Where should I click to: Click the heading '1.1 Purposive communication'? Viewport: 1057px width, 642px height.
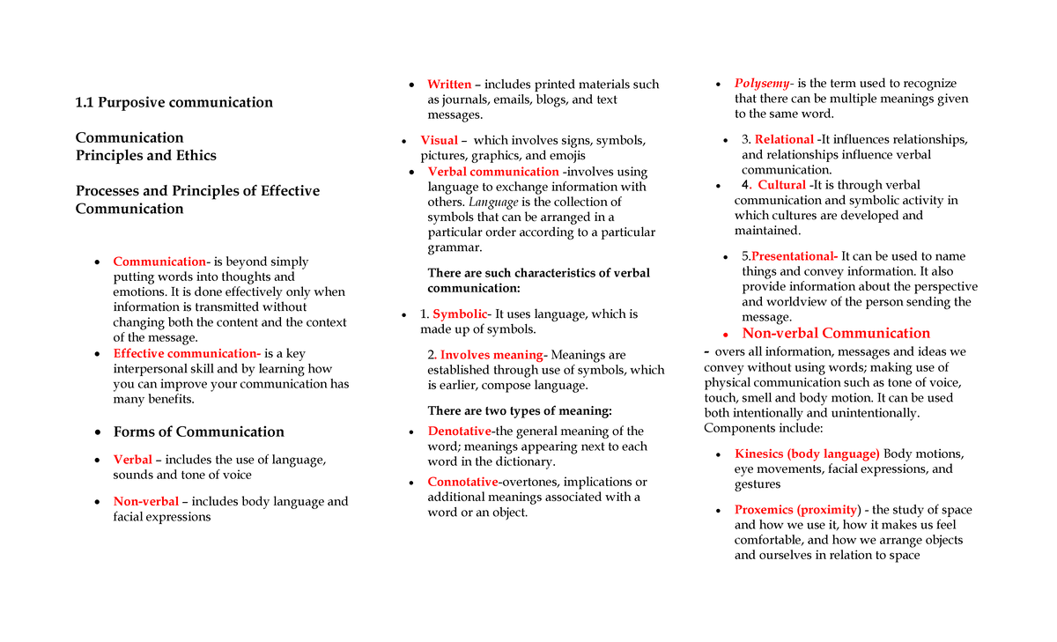tap(174, 102)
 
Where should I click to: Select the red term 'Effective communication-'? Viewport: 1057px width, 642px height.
tap(187, 353)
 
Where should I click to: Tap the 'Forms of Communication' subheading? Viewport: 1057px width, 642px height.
tap(198, 432)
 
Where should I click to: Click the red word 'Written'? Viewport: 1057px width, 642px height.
tap(449, 85)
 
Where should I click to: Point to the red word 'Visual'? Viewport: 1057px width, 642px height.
tap(439, 140)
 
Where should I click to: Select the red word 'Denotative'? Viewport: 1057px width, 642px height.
tap(460, 431)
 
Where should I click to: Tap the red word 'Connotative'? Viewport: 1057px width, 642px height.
tap(462, 482)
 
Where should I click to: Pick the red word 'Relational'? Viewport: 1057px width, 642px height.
tap(784, 139)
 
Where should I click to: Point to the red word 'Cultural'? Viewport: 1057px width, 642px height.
tap(781, 185)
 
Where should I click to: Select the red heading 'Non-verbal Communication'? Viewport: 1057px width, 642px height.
tap(836, 333)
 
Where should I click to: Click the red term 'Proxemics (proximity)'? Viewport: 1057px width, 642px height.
tap(796, 510)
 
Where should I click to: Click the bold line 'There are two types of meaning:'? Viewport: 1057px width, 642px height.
tap(519, 410)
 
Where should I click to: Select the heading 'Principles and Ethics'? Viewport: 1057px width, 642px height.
tap(145, 155)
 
